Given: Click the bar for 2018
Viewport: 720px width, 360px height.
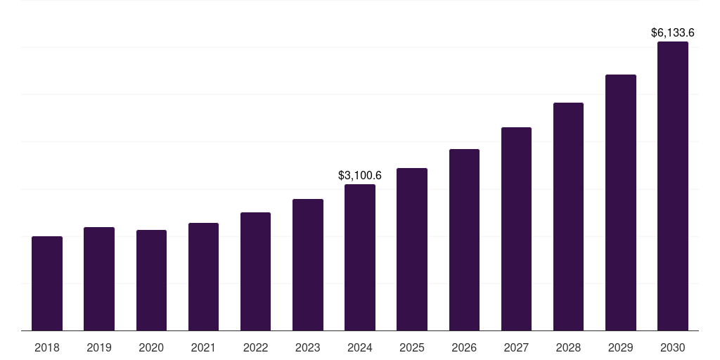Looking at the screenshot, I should (x=47, y=283).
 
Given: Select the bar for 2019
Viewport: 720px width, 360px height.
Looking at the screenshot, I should (x=99, y=278).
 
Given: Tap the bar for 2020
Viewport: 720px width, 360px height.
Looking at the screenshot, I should (x=151, y=280).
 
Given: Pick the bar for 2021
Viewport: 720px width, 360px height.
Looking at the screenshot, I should (x=203, y=276).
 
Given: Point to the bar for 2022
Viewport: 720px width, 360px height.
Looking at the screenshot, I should (x=255, y=271).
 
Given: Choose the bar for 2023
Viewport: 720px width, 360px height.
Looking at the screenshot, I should (x=308, y=264).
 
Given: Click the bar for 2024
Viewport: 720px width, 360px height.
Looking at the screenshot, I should (x=360, y=257).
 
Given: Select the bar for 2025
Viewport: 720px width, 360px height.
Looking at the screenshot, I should (x=412, y=249).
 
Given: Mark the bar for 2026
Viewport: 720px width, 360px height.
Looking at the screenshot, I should (x=464, y=240).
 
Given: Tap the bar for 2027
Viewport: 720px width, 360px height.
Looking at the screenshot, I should (x=516, y=229).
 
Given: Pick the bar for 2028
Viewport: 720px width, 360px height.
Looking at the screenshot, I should (x=568, y=217).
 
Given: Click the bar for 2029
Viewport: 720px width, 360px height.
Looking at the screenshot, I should (x=621, y=202).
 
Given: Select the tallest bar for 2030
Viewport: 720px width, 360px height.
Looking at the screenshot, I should (x=673, y=186).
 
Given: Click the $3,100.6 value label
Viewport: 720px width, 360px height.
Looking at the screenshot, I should (x=360, y=174).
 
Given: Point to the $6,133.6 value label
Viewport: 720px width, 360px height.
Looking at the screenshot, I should (x=673, y=32).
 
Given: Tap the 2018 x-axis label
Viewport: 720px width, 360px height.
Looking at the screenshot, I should (x=47, y=347).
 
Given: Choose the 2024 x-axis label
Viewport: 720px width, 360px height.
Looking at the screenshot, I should (x=360, y=347).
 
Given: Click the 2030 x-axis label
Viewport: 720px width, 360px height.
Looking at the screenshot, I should (x=673, y=347).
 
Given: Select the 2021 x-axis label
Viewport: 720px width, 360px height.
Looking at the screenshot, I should (x=203, y=347).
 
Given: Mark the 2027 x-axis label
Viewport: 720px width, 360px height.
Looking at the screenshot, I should (x=516, y=347).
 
